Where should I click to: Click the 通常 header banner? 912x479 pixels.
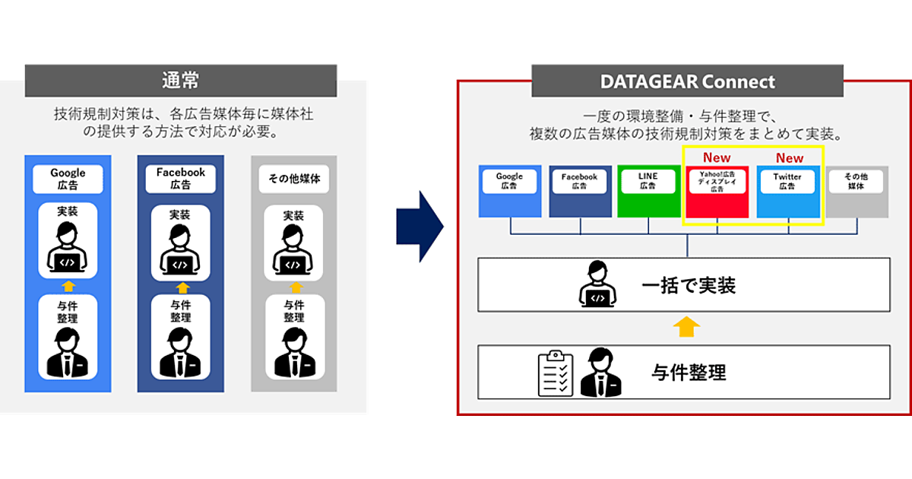(x=181, y=81)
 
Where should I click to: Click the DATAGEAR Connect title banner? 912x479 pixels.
(x=687, y=81)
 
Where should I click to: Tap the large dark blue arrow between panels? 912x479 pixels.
(x=419, y=227)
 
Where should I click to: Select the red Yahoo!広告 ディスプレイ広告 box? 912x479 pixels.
(x=717, y=192)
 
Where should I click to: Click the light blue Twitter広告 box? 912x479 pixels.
(x=788, y=192)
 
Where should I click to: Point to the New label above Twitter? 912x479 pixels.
(x=789, y=158)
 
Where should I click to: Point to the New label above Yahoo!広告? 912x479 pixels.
(x=717, y=158)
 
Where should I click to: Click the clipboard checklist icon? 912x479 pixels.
(x=556, y=373)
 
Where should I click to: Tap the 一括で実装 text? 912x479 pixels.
(x=689, y=286)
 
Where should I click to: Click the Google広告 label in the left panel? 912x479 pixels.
(x=68, y=179)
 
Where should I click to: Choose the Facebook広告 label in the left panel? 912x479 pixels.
(x=181, y=179)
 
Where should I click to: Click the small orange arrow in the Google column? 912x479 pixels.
(x=68, y=286)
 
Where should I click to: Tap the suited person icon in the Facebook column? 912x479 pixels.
(x=180, y=354)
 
